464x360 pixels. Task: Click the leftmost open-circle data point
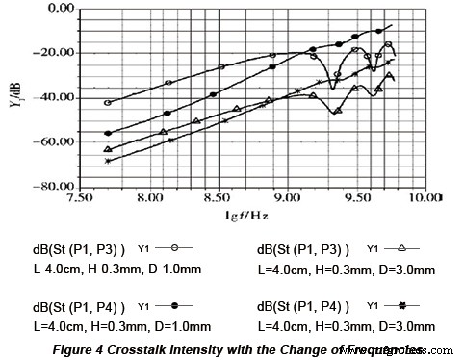point(108,102)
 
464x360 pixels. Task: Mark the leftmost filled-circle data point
point(108,133)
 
